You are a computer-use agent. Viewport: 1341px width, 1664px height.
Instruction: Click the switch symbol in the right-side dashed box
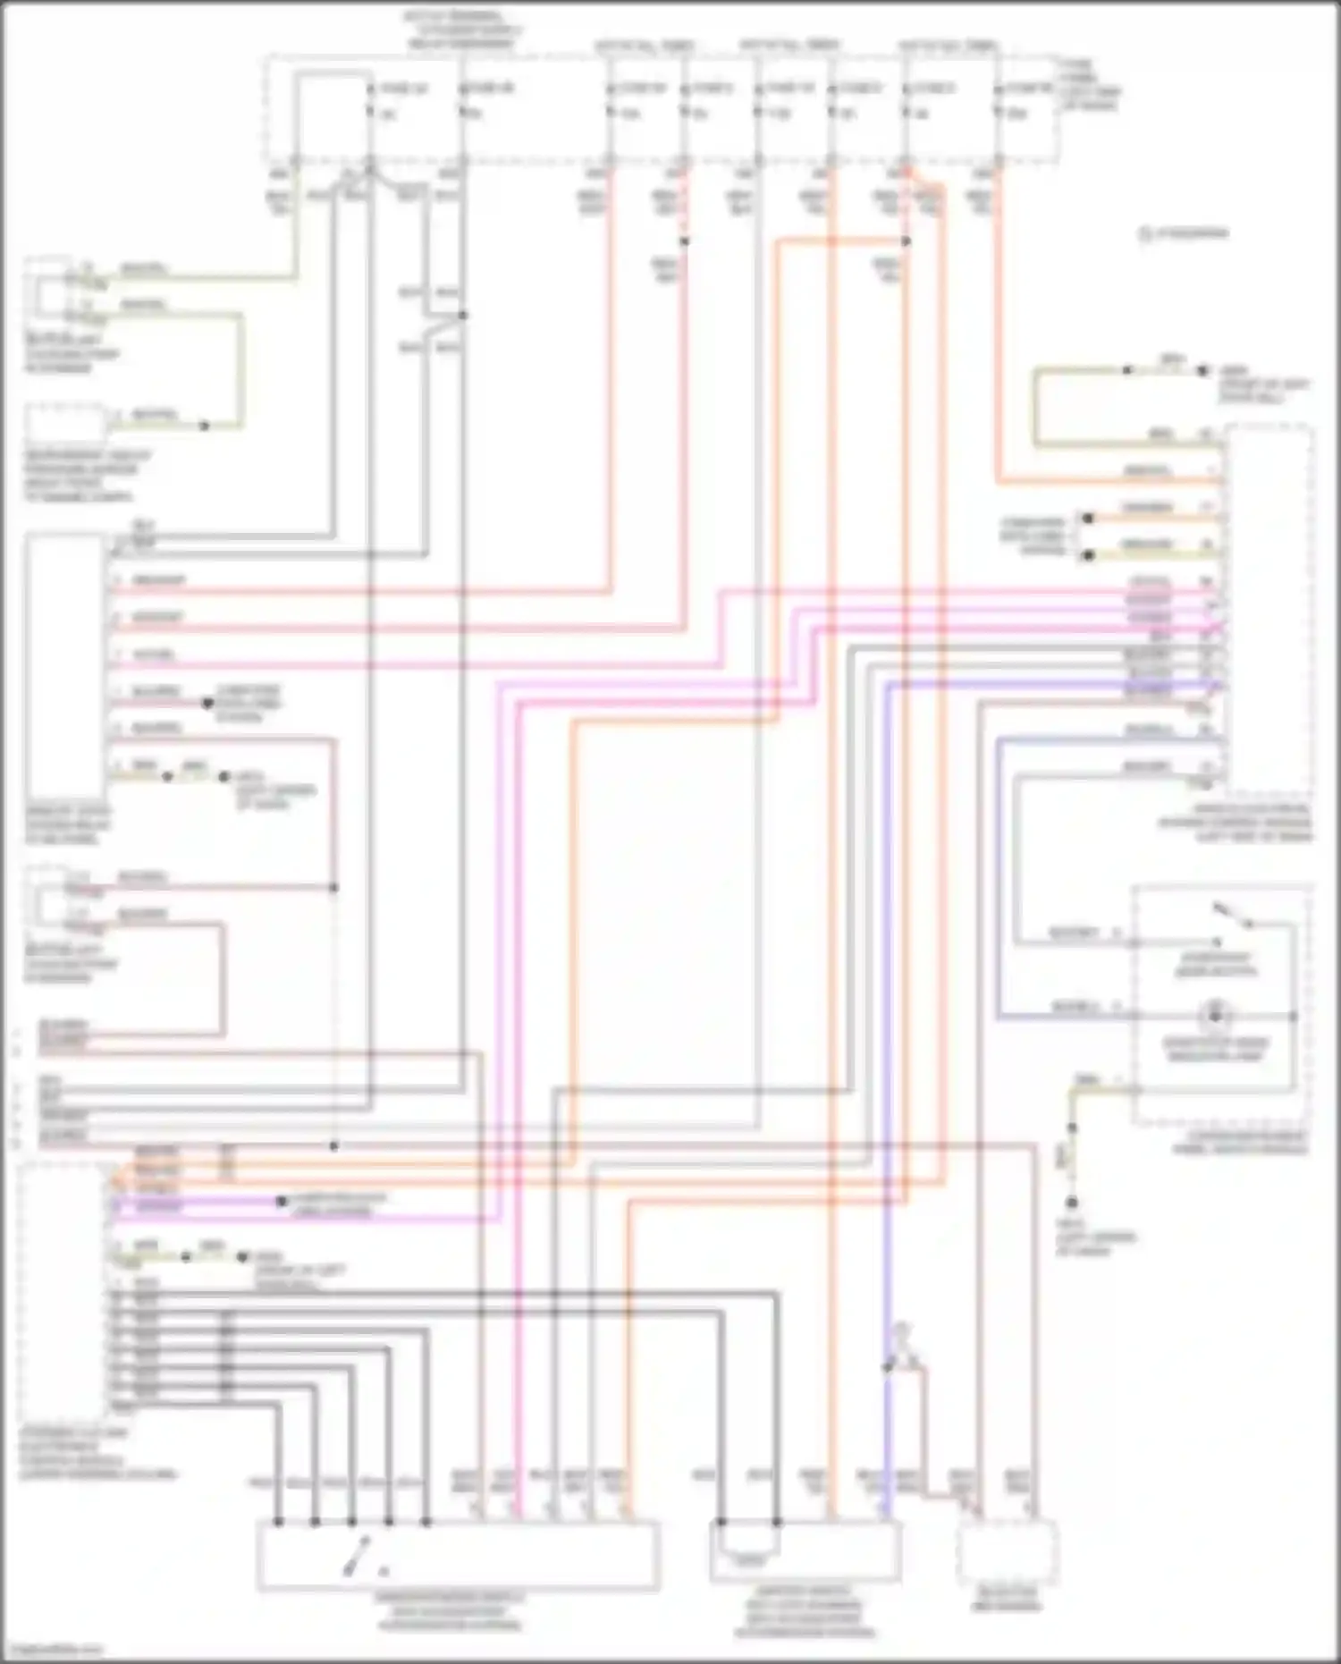1235,916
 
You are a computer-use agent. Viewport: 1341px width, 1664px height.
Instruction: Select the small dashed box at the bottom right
1007,1554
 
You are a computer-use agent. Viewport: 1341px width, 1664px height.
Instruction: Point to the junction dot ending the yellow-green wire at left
204,426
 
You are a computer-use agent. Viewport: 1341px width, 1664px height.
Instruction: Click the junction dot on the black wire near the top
462,315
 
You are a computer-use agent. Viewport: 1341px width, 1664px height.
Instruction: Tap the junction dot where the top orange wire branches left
906,241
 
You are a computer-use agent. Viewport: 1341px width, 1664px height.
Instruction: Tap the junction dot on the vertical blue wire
888,1368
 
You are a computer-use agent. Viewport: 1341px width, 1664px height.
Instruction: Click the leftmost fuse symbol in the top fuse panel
370,100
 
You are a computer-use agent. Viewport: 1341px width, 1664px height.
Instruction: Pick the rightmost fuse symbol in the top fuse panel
997,100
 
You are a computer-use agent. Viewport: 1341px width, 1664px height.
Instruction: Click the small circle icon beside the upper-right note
1143,234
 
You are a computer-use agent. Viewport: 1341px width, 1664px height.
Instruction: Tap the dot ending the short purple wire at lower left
281,1202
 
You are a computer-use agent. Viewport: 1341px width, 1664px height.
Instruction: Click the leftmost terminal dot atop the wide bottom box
278,1522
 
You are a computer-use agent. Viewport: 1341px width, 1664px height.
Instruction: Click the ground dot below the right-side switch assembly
1071,1204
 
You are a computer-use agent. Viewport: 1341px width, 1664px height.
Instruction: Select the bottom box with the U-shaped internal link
805,1552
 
